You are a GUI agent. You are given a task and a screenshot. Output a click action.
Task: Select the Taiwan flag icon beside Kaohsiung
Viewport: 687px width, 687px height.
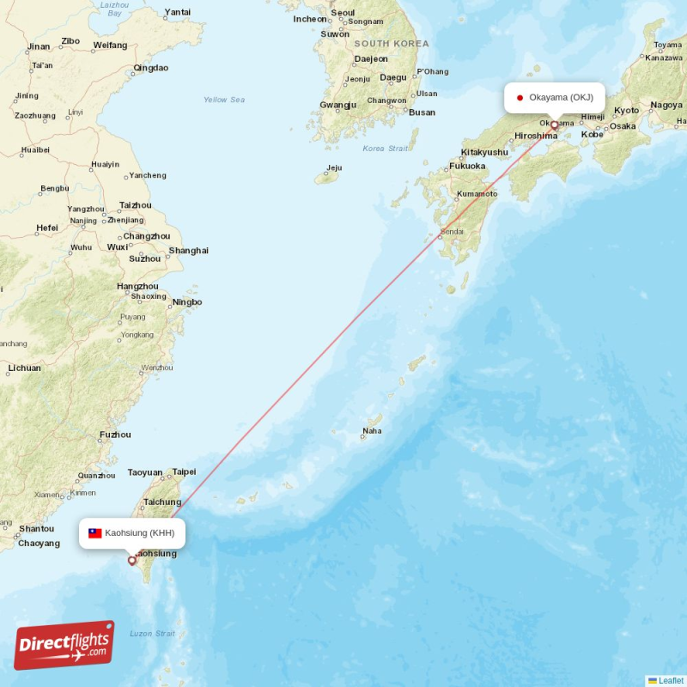click(95, 533)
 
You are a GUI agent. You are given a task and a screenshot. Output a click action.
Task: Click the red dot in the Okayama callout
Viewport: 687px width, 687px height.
click(520, 97)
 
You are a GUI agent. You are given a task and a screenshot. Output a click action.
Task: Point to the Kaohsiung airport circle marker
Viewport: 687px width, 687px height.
click(131, 561)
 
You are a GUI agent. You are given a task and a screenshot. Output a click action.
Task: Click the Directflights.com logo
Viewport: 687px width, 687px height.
click(64, 645)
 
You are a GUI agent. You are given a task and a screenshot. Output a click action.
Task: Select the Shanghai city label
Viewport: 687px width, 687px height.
click(188, 251)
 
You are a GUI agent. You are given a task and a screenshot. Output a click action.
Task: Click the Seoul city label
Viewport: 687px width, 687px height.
click(343, 13)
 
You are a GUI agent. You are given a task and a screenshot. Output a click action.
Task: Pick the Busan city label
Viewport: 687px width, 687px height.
click(422, 112)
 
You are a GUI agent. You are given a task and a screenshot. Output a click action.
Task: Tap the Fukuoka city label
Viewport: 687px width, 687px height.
click(467, 166)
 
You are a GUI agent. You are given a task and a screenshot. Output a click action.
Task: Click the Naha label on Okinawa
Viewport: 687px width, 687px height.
click(372, 431)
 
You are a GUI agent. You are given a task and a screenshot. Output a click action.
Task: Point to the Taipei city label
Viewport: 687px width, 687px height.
click(184, 471)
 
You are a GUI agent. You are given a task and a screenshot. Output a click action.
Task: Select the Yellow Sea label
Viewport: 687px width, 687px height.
click(224, 100)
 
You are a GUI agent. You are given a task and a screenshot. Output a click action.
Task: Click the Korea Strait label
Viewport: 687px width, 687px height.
click(386, 149)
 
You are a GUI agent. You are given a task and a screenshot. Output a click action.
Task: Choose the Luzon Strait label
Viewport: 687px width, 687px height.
click(152, 634)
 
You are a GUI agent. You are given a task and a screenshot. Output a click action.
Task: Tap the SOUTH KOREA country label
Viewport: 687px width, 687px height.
click(391, 43)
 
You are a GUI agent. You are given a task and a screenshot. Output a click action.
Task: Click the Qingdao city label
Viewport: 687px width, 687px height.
click(151, 68)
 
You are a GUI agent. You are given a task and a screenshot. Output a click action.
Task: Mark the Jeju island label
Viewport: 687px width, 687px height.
click(334, 167)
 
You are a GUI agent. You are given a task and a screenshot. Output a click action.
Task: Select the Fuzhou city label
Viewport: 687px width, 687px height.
click(115, 435)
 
